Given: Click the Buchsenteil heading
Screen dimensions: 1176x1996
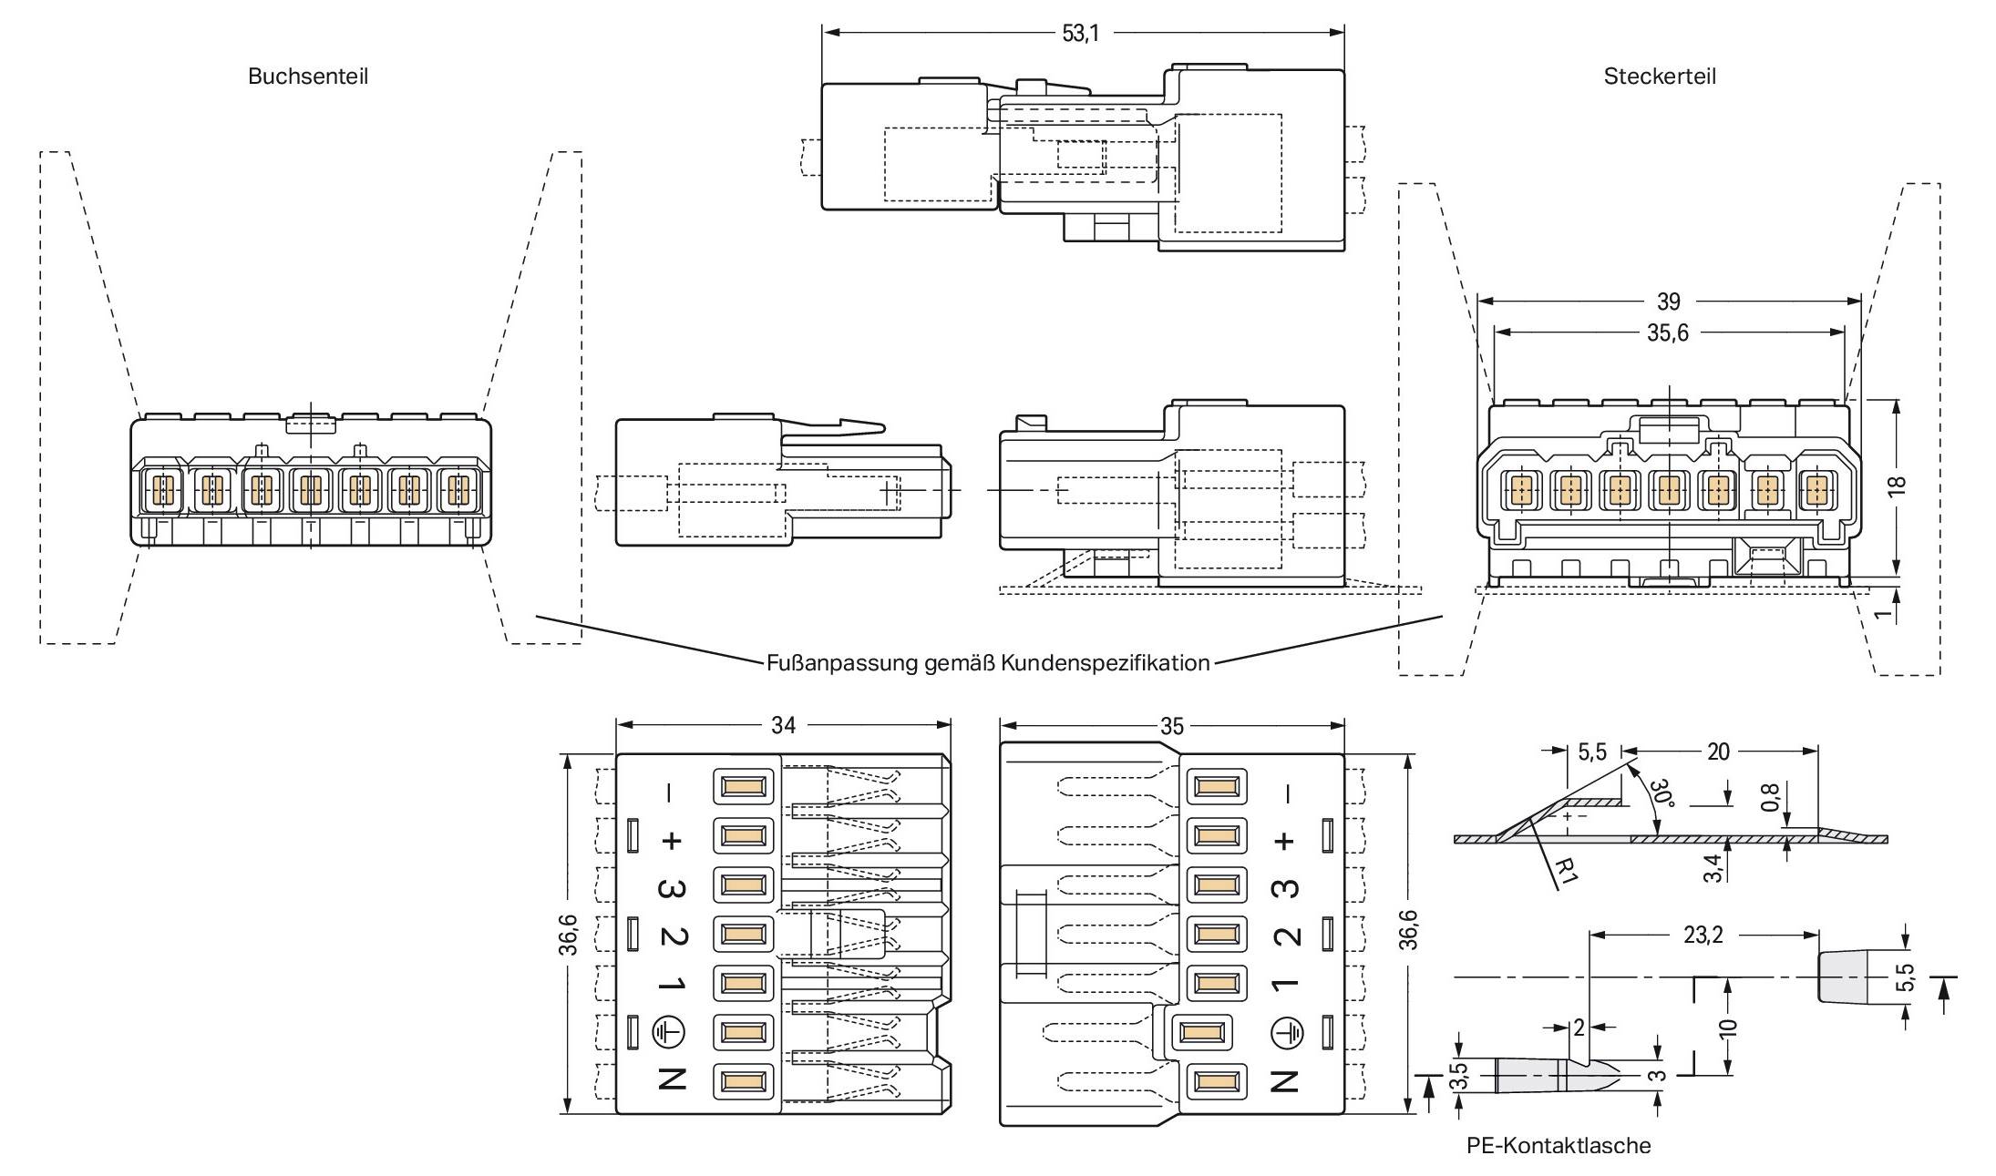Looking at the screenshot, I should [308, 77].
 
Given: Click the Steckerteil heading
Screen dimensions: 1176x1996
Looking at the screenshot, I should [1659, 77].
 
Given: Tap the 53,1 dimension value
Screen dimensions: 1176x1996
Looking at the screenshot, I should [1080, 34].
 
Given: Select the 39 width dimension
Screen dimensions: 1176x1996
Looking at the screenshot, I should [1668, 302].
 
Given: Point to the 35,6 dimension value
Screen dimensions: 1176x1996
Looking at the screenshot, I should [1667, 333].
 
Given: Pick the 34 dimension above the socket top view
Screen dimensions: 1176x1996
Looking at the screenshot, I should [783, 725].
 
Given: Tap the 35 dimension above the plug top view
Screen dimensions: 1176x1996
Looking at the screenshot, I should [1171, 726].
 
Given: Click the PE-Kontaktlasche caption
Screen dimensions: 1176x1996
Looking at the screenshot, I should [1559, 1145].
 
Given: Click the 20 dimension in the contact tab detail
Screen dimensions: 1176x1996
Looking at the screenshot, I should [1717, 752].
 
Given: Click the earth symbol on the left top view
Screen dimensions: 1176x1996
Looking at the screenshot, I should [670, 1032].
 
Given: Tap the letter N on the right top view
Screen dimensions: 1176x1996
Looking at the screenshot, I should [1284, 1080].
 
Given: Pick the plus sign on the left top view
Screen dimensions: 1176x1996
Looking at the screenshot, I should [671, 840].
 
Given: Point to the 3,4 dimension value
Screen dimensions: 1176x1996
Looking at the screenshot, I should [1713, 867].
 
